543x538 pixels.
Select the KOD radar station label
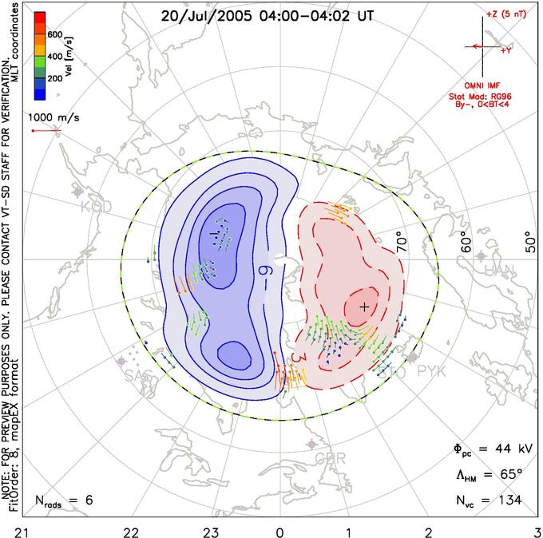(96, 207)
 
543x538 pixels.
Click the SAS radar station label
(137, 376)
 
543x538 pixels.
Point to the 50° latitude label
(529, 239)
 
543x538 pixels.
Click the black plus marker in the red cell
(365, 307)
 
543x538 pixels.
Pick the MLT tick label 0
(279, 530)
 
